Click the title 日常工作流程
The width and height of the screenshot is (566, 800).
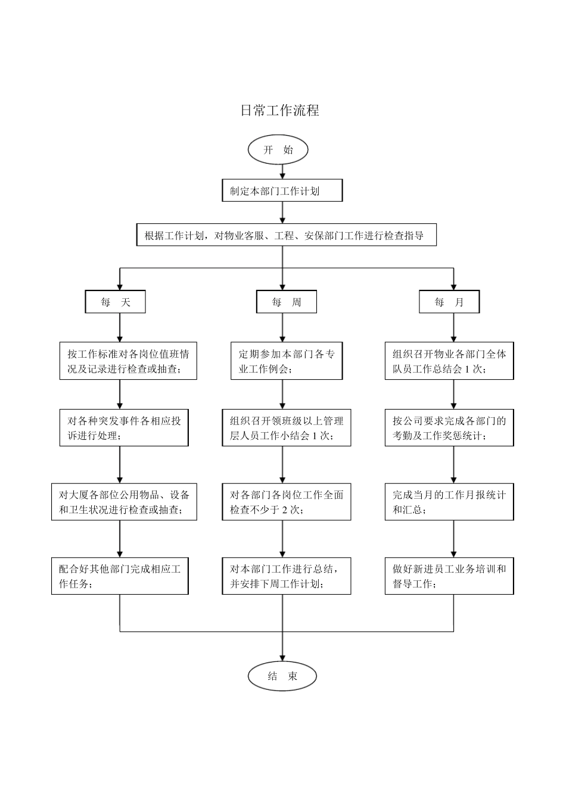(x=279, y=110)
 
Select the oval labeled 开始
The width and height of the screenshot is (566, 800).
(x=278, y=150)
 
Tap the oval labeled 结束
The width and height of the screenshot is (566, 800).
(x=282, y=676)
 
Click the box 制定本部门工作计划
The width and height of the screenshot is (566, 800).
(x=282, y=191)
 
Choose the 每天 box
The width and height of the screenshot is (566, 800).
(x=116, y=302)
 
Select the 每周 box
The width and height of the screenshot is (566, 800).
(x=286, y=302)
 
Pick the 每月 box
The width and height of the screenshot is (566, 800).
(x=449, y=302)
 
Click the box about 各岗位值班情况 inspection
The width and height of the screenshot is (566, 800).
(x=128, y=361)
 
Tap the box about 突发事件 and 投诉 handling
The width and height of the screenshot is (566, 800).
(x=124, y=428)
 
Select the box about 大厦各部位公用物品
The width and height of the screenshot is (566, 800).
(x=124, y=502)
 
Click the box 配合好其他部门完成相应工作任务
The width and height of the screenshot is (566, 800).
(x=120, y=576)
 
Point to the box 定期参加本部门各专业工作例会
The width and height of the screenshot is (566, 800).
(x=287, y=361)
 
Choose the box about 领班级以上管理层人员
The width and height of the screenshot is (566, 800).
(x=287, y=428)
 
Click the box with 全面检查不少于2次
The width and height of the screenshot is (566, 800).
(x=287, y=502)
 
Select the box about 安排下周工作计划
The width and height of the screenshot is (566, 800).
(x=287, y=576)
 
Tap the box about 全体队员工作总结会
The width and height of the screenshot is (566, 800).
(x=449, y=361)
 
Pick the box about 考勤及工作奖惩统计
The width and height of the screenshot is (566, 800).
(x=449, y=428)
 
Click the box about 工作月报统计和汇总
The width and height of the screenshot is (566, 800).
(x=449, y=502)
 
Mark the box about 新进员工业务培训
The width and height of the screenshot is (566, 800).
(x=449, y=576)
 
